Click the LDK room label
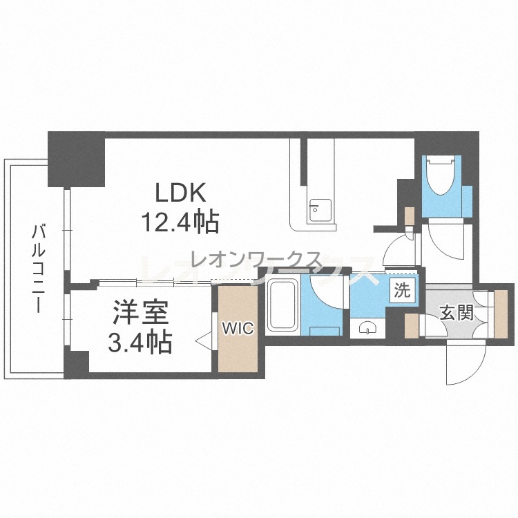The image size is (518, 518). [181, 192]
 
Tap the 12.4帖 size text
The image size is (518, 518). [180, 222]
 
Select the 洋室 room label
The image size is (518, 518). [141, 312]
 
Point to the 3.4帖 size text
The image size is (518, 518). [140, 343]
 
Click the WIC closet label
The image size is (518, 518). [238, 328]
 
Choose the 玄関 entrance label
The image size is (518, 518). [457, 312]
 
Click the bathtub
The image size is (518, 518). [282, 305]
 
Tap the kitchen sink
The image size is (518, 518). [320, 211]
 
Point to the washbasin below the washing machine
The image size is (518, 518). [367, 328]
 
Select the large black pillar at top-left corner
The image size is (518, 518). [76, 159]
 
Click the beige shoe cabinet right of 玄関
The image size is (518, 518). [501, 314]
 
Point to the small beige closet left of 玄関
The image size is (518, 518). [412, 326]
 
